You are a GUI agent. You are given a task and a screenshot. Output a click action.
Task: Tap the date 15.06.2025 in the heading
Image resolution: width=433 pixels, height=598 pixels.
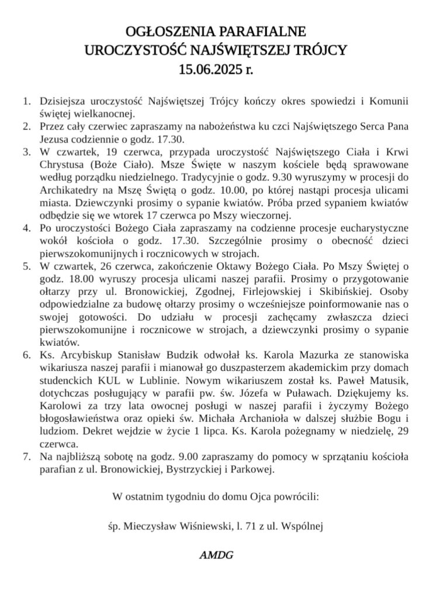pyautogui.click(x=208, y=71)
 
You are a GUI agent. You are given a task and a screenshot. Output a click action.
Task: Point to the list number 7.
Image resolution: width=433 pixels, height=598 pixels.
pyautogui.click(x=26, y=456)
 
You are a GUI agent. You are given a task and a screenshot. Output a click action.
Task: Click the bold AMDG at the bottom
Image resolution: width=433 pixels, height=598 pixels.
pyautogui.click(x=216, y=555)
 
